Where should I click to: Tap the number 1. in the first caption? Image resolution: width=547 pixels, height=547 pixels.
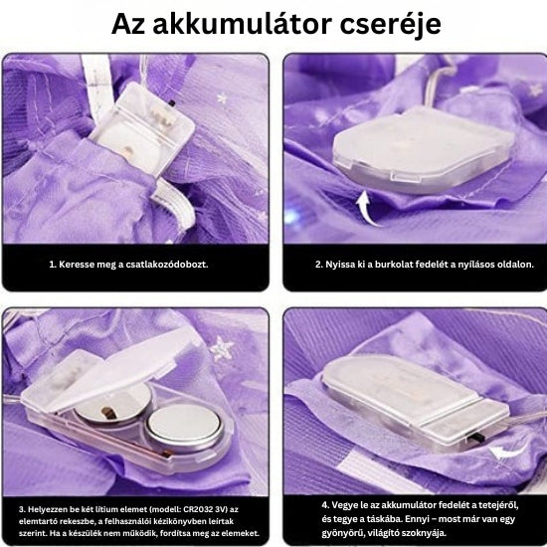tap(52, 266)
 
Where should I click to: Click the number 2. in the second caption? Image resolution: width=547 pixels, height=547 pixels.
tap(319, 266)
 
